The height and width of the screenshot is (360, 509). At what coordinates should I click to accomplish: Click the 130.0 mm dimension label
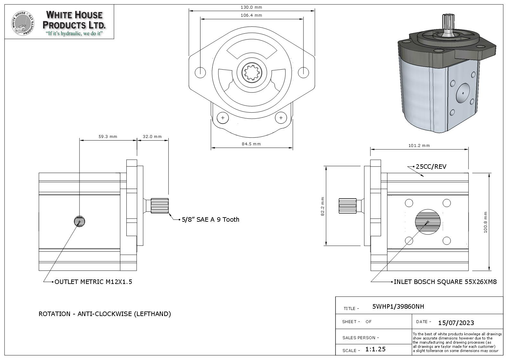[251, 7]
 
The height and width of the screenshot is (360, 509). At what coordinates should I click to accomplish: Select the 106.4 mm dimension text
[251, 15]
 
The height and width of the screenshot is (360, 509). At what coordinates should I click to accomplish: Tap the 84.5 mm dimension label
[251, 144]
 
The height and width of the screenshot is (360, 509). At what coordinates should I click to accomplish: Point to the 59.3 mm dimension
[108, 137]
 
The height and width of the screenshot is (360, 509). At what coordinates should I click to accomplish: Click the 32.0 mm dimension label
[152, 137]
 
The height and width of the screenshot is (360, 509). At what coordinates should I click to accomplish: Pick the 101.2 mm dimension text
[419, 146]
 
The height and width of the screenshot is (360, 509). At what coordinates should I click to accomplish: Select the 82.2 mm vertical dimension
[323, 206]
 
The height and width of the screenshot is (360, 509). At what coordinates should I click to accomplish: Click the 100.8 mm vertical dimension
[485, 222]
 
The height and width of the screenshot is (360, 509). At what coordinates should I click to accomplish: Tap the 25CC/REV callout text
[431, 167]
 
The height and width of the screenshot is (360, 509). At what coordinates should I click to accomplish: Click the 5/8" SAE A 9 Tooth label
[210, 220]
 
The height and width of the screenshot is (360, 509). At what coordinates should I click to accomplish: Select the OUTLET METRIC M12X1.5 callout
[93, 282]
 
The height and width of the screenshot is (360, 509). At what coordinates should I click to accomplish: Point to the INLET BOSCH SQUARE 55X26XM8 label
[445, 282]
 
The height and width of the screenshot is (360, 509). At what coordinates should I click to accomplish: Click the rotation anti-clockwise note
[105, 314]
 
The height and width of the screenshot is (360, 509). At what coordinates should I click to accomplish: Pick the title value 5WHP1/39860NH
[398, 307]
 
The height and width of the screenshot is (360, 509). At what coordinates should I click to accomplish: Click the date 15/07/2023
[456, 323]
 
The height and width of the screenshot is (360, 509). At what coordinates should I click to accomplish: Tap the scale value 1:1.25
[375, 349]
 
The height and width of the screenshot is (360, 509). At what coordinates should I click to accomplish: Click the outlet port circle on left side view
[80, 221]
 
